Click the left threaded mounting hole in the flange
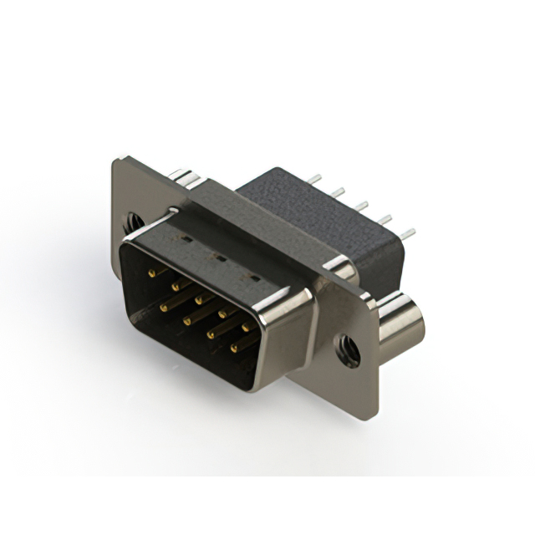[133, 222]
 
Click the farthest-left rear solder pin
[314, 178]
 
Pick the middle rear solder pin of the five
[362, 206]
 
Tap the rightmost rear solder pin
[407, 233]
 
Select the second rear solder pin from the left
[338, 192]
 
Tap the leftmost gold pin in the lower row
[164, 307]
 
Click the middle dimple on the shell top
[219, 258]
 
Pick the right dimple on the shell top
[248, 277]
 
